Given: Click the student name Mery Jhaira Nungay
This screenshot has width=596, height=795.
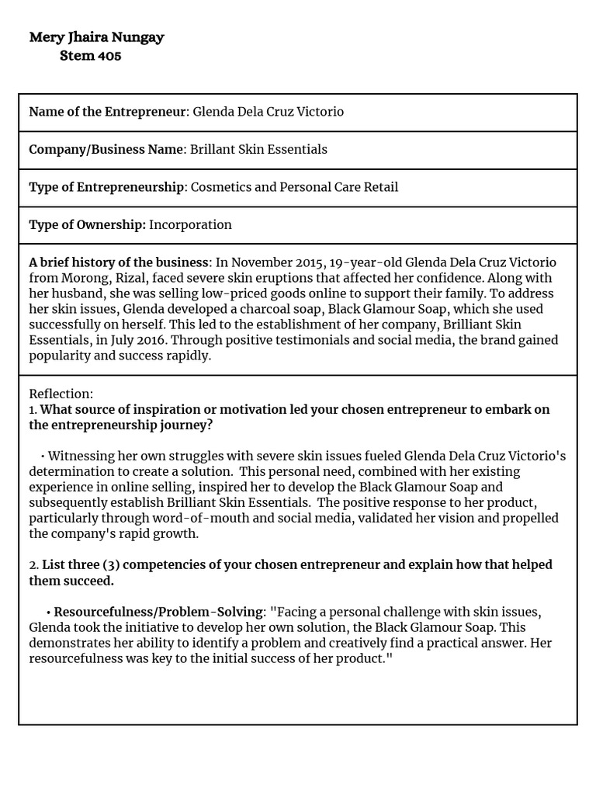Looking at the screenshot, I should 96,37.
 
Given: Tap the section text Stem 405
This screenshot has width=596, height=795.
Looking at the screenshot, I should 90,56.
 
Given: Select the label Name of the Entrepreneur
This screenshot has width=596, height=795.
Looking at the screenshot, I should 107,112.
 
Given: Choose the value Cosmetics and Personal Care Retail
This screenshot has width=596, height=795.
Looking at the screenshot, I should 294,187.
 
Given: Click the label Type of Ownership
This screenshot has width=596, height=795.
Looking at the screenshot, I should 87,225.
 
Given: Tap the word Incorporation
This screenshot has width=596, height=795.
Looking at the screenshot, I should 190,225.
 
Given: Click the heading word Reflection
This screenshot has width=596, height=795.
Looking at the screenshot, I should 61,394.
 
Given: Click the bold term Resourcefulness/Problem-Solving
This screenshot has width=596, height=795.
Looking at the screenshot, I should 158,612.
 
